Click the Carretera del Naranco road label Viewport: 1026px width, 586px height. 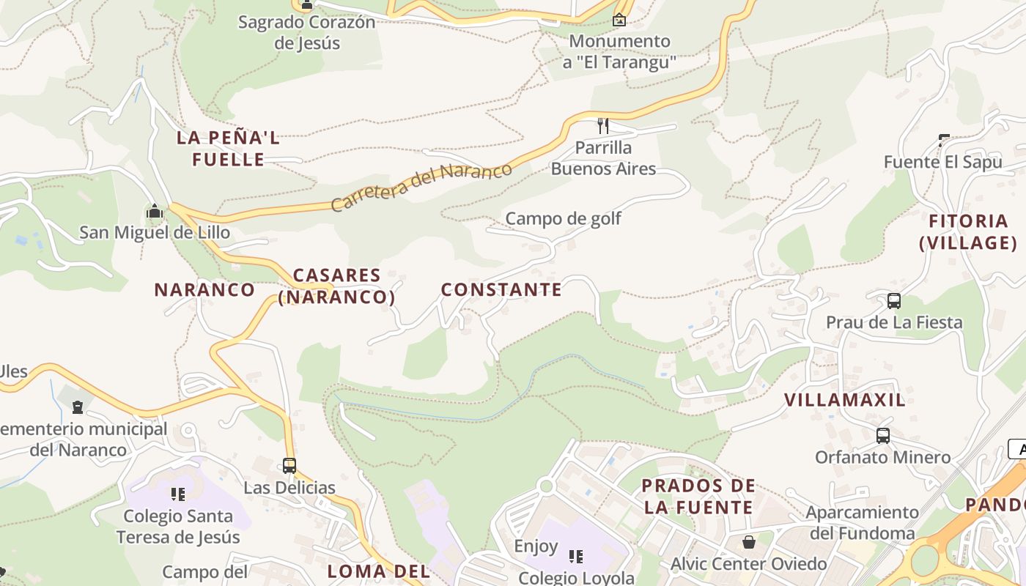(x=421, y=188)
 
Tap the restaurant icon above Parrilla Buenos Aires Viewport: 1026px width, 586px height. (x=603, y=125)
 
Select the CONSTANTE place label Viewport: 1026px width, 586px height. (x=501, y=290)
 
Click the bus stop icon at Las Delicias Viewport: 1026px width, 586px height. (x=289, y=466)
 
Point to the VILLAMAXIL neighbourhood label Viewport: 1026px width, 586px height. (x=845, y=401)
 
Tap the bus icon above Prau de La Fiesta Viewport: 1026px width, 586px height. (x=893, y=300)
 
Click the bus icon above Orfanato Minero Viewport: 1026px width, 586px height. (x=882, y=436)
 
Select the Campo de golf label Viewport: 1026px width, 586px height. (x=564, y=218)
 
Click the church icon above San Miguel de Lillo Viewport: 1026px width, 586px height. (x=155, y=212)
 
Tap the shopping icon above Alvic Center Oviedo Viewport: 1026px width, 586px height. (x=748, y=542)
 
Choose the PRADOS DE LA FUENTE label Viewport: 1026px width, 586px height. (x=698, y=497)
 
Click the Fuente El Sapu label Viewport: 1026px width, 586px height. (x=942, y=162)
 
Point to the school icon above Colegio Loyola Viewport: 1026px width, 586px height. (x=576, y=557)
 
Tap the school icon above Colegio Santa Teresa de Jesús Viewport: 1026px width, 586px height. (x=178, y=494)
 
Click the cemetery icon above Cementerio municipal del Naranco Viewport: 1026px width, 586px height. (x=78, y=407)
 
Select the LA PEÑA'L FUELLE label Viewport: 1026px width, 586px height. (x=228, y=149)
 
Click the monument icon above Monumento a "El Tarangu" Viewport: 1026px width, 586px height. (x=619, y=20)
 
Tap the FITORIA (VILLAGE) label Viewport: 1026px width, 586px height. (x=968, y=232)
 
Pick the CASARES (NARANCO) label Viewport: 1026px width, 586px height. (x=336, y=286)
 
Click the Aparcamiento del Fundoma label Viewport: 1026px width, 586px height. (x=862, y=522)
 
